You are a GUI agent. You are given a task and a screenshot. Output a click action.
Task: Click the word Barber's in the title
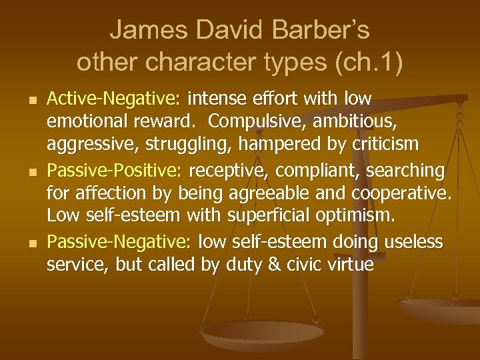(x=313, y=30)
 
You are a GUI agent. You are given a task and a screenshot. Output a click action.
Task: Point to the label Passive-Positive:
(x=113, y=171)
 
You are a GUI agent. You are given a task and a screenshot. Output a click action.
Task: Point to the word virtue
(x=349, y=265)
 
